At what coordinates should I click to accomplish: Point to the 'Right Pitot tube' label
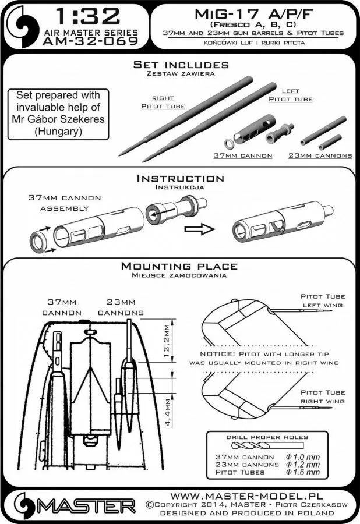tap(163, 102)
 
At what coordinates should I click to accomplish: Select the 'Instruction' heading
tap(179, 178)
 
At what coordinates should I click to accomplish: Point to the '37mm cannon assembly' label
tap(59, 203)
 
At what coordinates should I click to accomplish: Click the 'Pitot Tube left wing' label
tap(320, 300)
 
